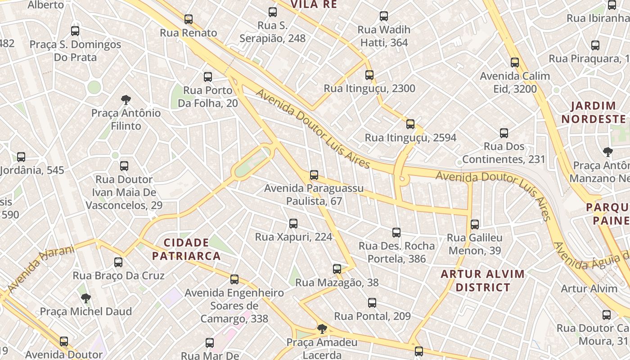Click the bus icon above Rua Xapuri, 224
coord(293,223)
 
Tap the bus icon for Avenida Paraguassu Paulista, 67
coord(314,175)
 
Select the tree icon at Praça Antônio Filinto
coord(126,99)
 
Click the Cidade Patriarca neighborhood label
coord(186,250)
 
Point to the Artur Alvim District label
coord(483,280)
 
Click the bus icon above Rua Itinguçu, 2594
coord(410,124)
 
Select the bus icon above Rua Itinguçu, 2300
coord(369,75)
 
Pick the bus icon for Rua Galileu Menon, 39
coord(475,224)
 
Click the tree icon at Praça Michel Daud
coord(85,298)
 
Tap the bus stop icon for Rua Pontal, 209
coord(372,303)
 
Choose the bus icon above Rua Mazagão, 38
coord(337,269)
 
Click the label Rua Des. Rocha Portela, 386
coord(396,252)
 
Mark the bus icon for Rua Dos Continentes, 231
coord(504,133)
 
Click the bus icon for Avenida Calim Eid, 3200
coord(515,63)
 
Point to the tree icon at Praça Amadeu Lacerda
coord(322,329)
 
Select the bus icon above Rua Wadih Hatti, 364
coord(384,16)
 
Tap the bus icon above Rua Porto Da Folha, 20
coord(208,77)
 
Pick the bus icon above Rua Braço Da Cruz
coord(118,262)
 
